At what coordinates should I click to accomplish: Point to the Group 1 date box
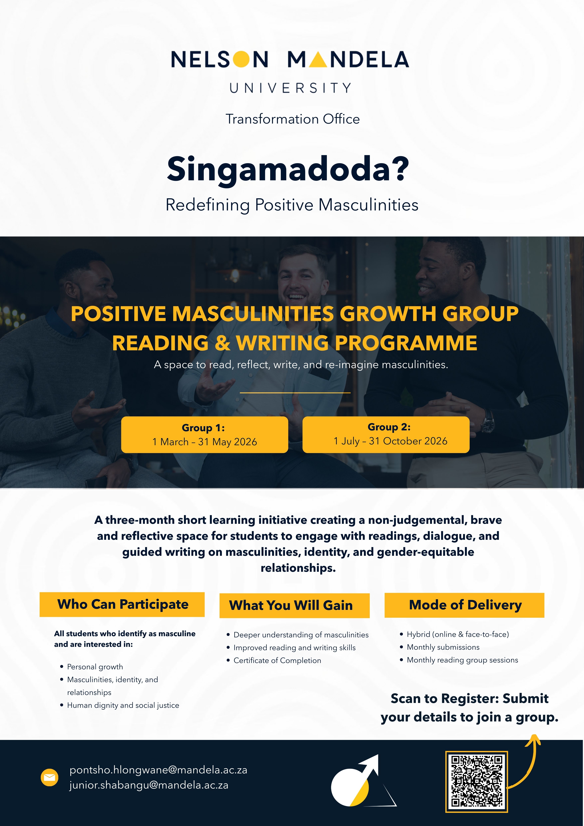pyautogui.click(x=205, y=435)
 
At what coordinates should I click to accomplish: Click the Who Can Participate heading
pyautogui.click(x=122, y=604)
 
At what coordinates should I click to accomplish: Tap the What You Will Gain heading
pyautogui.click(x=294, y=605)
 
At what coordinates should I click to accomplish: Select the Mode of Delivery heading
pyautogui.click(x=465, y=605)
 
